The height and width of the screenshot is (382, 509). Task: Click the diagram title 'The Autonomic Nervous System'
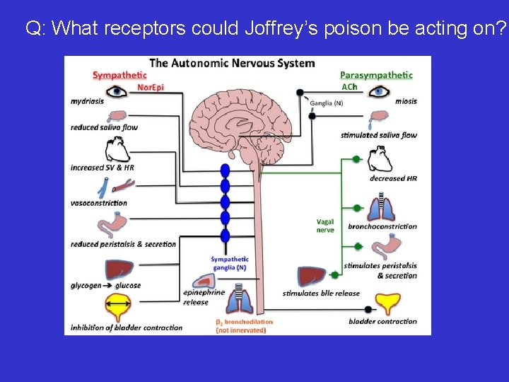click(232, 63)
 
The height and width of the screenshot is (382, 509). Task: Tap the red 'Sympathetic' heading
click(120, 75)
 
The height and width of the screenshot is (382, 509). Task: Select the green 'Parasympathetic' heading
click(376, 75)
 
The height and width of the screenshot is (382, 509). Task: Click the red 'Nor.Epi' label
click(150, 87)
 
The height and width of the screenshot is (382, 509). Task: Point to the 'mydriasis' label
click(87, 101)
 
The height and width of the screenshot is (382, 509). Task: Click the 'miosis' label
click(406, 101)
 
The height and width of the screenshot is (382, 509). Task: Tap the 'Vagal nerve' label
click(325, 226)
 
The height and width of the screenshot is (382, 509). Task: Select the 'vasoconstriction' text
click(99, 203)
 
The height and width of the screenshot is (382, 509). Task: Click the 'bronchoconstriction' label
click(382, 226)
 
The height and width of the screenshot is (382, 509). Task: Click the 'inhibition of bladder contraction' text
click(127, 328)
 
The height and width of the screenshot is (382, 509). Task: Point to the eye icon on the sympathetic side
click(117, 91)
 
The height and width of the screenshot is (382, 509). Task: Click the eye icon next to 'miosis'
click(380, 91)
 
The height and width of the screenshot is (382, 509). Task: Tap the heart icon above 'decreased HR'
click(380, 159)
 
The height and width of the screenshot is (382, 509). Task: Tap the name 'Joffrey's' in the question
click(276, 28)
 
